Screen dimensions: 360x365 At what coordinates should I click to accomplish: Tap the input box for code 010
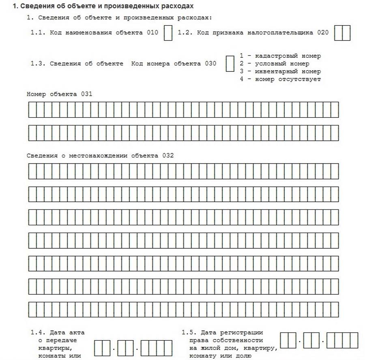click(168, 33)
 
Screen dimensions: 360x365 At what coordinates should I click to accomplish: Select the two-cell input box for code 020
click(342, 33)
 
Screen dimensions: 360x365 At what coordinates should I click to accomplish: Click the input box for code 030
click(230, 64)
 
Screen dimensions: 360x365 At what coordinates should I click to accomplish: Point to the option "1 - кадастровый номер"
click(280, 56)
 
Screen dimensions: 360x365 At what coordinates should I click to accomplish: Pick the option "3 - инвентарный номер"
click(280, 71)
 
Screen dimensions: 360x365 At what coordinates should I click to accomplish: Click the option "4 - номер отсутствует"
click(280, 79)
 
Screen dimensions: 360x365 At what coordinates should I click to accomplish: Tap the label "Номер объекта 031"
click(60, 94)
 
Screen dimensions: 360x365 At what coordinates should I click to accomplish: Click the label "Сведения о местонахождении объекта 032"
click(100, 155)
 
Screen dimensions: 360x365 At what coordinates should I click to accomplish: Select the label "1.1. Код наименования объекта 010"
click(94, 33)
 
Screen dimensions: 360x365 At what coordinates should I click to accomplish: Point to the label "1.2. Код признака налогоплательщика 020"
click(253, 33)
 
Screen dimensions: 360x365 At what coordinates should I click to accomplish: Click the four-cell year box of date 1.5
click(342, 340)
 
